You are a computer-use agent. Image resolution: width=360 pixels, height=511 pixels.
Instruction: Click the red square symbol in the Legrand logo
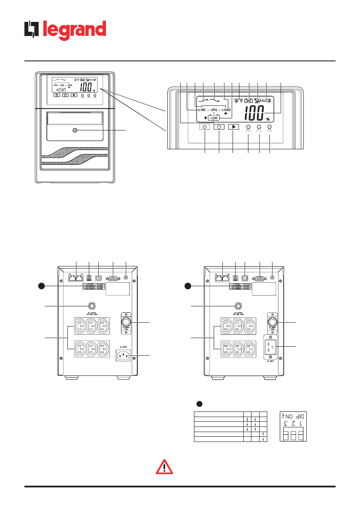click(x=31, y=30)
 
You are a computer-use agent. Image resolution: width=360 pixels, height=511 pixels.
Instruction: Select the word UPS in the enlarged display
click(x=214, y=110)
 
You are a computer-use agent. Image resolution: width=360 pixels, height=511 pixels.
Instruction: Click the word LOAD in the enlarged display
click(x=226, y=110)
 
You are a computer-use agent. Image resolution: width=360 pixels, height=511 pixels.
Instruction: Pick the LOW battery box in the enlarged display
click(x=214, y=118)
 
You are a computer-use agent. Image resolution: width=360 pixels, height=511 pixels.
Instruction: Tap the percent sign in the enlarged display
click(x=268, y=119)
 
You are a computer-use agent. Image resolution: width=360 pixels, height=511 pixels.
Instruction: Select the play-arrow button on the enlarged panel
click(x=233, y=127)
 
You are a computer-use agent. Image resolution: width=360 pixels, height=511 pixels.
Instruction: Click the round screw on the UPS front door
click(x=75, y=130)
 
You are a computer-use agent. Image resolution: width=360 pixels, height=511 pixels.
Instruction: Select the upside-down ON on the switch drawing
click(x=287, y=416)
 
